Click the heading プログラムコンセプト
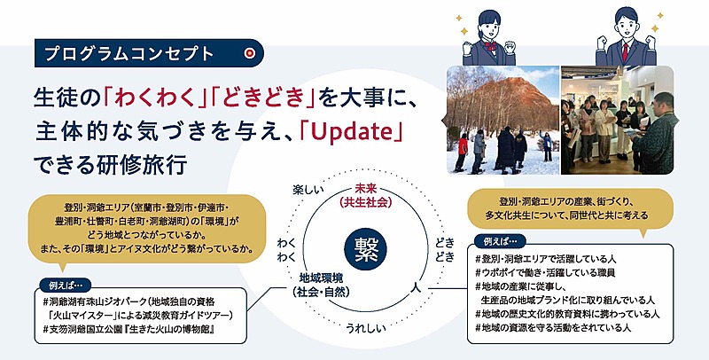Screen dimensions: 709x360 click(129, 54)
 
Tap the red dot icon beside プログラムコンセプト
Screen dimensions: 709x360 click(249, 53)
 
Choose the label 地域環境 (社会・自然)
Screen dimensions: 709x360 click(321, 285)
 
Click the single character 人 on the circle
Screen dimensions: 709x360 click(416, 286)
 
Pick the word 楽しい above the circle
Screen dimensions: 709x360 click(308, 190)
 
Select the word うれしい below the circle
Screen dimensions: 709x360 click(366, 327)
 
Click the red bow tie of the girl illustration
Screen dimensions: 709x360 click(490, 45)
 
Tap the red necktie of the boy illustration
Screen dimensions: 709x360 click(626, 51)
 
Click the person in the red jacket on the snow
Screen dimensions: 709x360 click(462, 153)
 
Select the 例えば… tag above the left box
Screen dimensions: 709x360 click(63, 286)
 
